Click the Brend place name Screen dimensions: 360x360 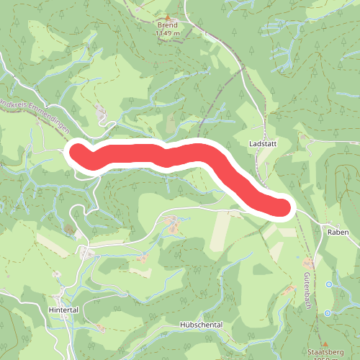click(168, 24)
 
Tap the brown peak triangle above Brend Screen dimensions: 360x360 click(168, 17)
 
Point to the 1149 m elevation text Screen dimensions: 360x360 click(168, 32)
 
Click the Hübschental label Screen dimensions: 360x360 click(202, 325)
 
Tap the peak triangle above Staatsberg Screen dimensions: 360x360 click(325, 343)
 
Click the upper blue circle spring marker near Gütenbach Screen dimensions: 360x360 click(329, 284)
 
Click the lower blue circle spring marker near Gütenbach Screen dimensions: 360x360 click(328, 313)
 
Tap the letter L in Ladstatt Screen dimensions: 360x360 click(250, 143)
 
